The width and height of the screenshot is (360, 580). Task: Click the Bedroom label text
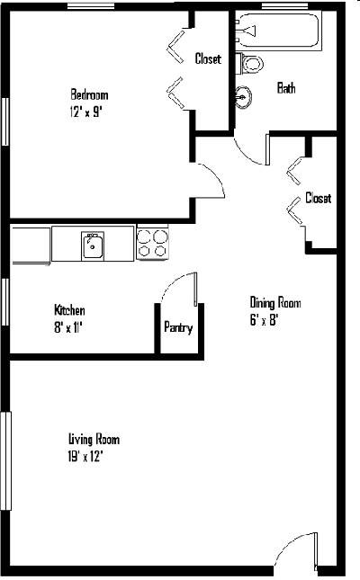(x=89, y=94)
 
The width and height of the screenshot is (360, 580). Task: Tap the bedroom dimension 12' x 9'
(x=85, y=112)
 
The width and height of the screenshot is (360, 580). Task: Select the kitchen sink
(x=93, y=246)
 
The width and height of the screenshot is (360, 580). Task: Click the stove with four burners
(x=152, y=244)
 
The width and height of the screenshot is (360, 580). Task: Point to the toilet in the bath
(x=251, y=64)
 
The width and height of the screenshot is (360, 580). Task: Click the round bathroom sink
(x=243, y=97)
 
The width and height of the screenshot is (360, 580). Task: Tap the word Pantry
(x=178, y=327)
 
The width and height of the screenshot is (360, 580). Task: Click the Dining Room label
(x=275, y=302)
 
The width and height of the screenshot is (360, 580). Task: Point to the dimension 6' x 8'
(x=264, y=319)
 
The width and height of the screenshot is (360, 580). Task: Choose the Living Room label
(x=94, y=440)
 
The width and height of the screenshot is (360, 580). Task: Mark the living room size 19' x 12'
(x=85, y=457)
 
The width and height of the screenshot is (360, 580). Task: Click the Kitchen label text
(x=69, y=310)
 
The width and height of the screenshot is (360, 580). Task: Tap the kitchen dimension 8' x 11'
(x=67, y=327)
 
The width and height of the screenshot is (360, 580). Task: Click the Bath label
(x=286, y=88)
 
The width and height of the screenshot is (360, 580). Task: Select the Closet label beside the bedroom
(x=208, y=58)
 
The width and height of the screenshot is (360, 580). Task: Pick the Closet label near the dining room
(x=318, y=198)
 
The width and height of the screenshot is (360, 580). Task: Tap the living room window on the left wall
(x=6, y=461)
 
